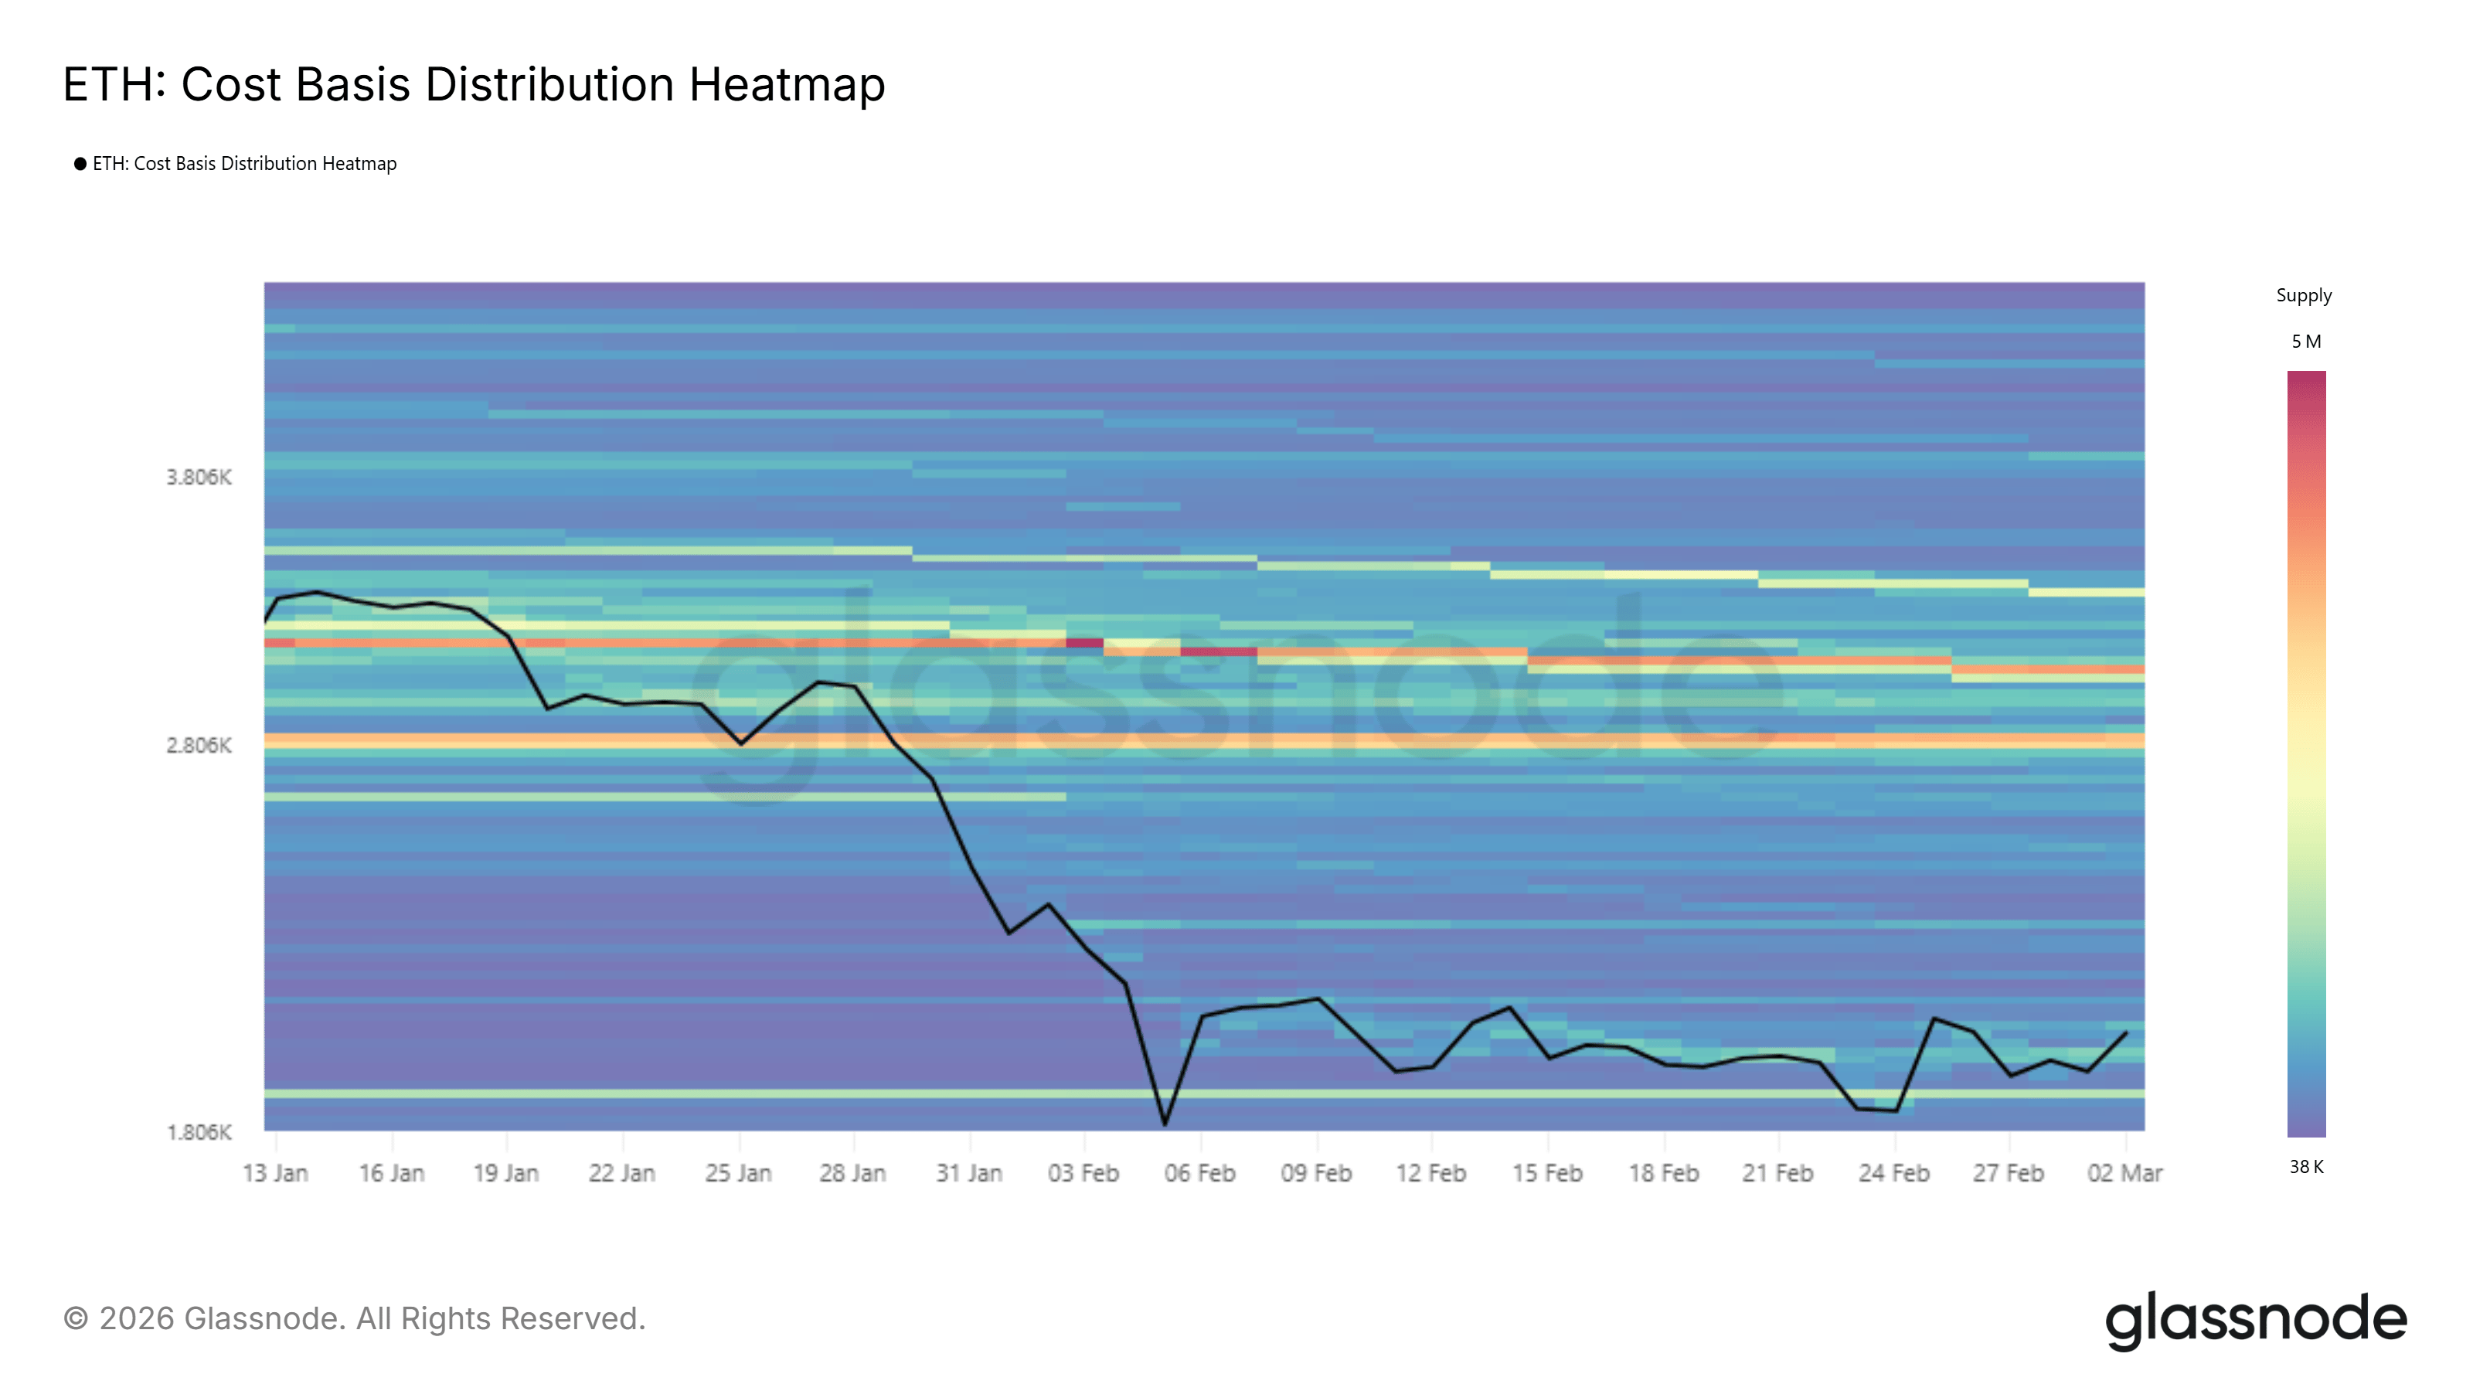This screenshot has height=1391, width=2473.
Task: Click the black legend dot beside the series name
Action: [x=80, y=164]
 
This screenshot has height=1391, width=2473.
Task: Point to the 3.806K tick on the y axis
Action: [x=199, y=477]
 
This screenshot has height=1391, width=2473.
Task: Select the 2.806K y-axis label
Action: [x=199, y=745]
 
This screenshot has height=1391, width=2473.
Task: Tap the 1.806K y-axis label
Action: [x=199, y=1132]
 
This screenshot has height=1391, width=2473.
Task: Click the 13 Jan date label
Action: [x=276, y=1173]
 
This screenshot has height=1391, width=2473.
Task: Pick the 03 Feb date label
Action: [x=1083, y=1173]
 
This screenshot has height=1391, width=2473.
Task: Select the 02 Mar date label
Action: [x=2124, y=1173]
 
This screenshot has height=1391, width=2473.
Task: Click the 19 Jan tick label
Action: [x=506, y=1173]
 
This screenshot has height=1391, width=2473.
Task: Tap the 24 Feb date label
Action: [x=1893, y=1173]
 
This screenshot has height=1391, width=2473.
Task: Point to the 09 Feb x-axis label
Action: [x=1316, y=1173]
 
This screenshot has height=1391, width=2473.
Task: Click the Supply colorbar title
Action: [x=2303, y=296]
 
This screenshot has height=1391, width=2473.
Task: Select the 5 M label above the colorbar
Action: [x=2306, y=342]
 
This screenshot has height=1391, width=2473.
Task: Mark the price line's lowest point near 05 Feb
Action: [x=1165, y=1123]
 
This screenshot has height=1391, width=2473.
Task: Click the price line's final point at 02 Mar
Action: [x=2127, y=1033]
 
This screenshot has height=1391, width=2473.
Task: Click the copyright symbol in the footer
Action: [x=76, y=1319]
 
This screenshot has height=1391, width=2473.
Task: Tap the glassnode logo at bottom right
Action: [x=2255, y=1320]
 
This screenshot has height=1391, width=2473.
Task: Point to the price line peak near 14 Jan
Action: [x=317, y=592]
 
